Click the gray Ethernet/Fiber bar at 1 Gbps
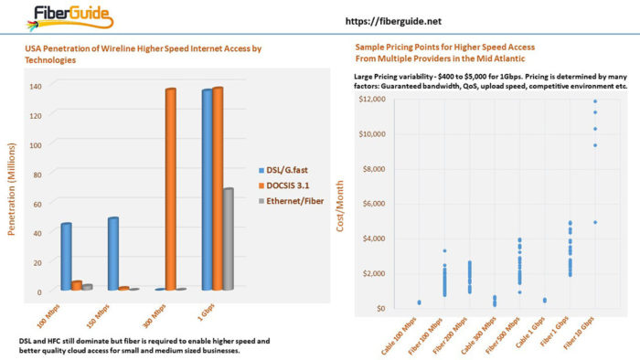click(228, 239)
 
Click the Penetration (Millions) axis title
click(14, 188)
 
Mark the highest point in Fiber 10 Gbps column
click(595, 101)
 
